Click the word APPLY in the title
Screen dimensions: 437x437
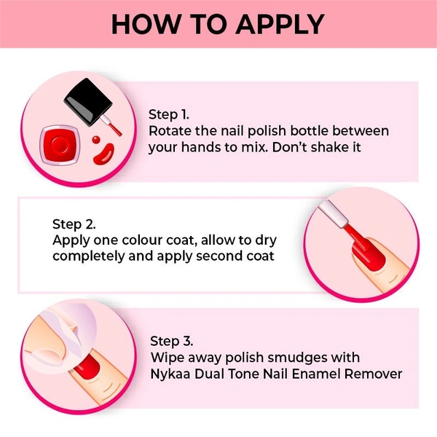[x=280, y=24]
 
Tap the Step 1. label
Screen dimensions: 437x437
[x=169, y=115]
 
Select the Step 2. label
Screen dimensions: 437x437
[x=74, y=224]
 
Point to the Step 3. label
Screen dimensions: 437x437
[x=171, y=342]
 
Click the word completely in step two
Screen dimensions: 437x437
[x=89, y=256]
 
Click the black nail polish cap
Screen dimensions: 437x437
[x=88, y=101]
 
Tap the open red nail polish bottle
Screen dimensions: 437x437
[x=60, y=145]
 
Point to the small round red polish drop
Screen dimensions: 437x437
[x=96, y=139]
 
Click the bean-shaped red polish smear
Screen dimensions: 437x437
[x=103, y=154]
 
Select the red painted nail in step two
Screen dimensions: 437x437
[x=368, y=255]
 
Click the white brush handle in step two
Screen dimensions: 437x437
[x=334, y=213]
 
